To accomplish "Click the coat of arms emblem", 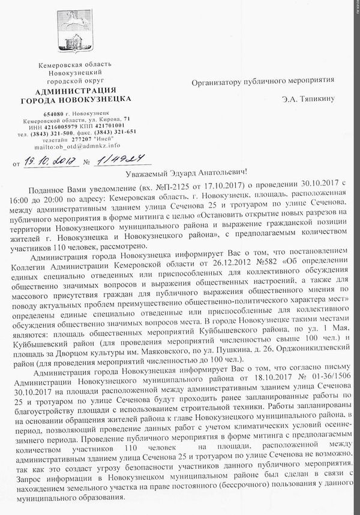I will click(76, 32).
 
